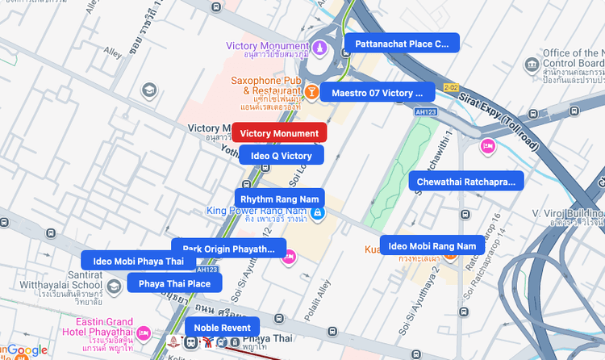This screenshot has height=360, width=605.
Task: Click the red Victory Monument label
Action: tap(279, 133)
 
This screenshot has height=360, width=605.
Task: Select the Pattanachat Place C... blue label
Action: tap(401, 44)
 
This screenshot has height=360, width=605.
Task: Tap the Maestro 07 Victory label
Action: tap(377, 93)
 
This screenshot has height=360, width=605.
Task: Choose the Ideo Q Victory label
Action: tap(281, 156)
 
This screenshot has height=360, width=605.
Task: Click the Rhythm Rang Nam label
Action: tap(279, 199)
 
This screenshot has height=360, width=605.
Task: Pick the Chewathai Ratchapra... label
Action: tap(465, 182)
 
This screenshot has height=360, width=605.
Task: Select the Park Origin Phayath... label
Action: tap(229, 248)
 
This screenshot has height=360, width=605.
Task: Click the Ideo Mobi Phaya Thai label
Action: tap(138, 261)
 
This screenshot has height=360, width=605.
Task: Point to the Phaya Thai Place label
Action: tap(174, 283)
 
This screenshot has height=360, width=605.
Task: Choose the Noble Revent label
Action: tap(222, 328)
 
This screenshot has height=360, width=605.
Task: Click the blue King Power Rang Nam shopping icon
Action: tap(318, 213)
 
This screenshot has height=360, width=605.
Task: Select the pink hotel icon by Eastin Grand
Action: tap(144, 332)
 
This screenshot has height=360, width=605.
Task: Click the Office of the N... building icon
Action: tap(532, 65)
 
